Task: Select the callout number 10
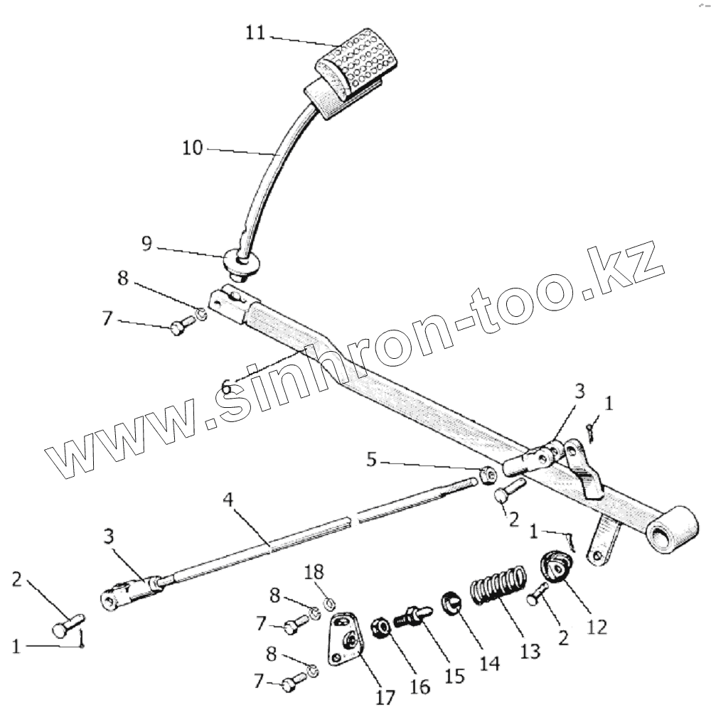(x=192, y=148)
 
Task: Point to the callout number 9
(x=146, y=244)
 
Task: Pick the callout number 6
(x=225, y=387)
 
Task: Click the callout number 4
(x=228, y=499)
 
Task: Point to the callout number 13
(x=530, y=651)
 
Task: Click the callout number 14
(x=490, y=662)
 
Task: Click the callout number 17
(x=385, y=697)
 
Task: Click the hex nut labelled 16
(x=379, y=626)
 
